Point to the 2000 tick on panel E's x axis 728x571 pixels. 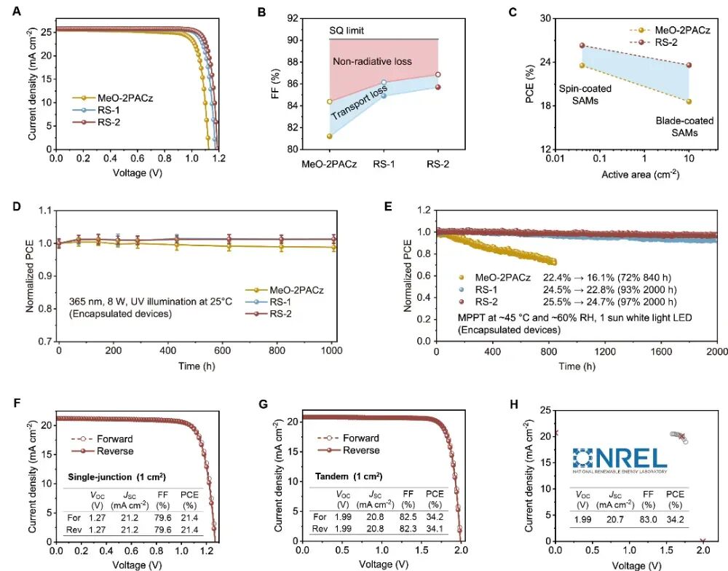pos(717,351)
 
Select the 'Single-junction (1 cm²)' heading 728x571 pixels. pos(116,476)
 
